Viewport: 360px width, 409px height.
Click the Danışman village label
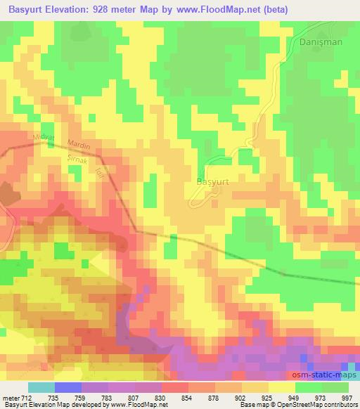click(321, 42)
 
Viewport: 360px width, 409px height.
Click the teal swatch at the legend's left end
click(41, 387)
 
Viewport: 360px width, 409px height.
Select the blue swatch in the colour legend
click(68, 387)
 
